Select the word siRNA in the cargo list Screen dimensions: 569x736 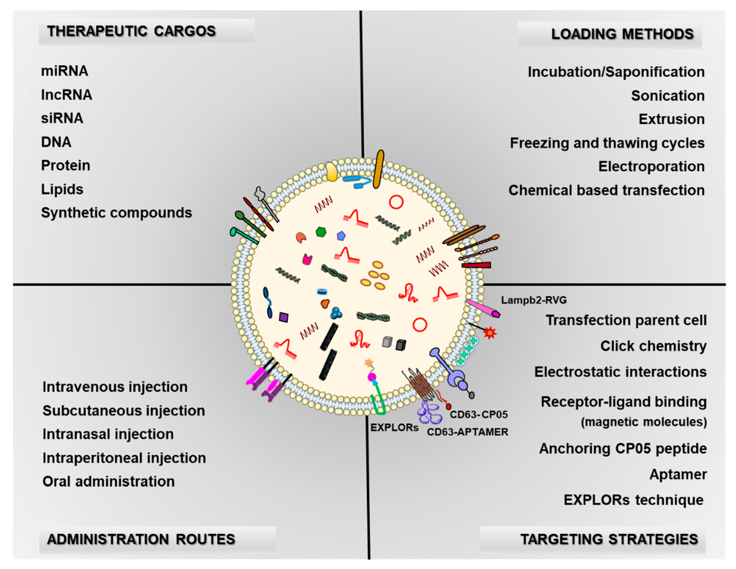point(62,118)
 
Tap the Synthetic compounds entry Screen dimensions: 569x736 point(116,213)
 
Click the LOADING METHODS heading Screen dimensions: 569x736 point(622,34)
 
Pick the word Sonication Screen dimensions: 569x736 point(668,96)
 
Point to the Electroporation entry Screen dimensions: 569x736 point(651,166)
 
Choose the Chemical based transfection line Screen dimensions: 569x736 point(606,190)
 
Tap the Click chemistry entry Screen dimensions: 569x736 point(653,346)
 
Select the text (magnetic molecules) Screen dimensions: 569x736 point(644,422)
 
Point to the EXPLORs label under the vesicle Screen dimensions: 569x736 point(394,428)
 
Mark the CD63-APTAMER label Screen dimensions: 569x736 point(467,432)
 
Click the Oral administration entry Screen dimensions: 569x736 point(109,482)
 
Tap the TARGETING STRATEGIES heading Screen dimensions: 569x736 point(609,539)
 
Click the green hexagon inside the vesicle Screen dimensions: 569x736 point(321,232)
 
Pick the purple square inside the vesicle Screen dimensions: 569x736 point(284,317)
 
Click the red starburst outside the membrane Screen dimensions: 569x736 point(490,333)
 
